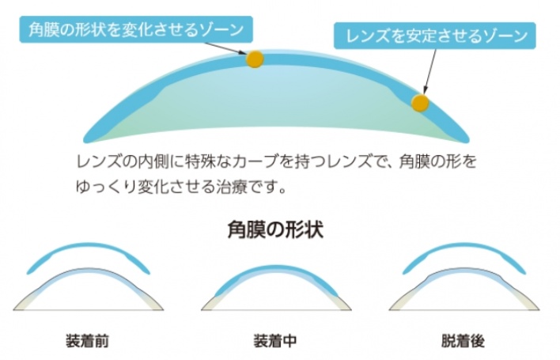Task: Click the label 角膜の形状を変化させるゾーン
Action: (x=136, y=29)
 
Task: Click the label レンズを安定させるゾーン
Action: (x=435, y=36)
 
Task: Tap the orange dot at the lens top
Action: (x=255, y=59)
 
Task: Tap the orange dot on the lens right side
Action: (x=420, y=103)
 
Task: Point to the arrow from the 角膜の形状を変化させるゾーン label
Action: (x=225, y=48)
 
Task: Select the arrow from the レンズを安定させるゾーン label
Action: (x=430, y=71)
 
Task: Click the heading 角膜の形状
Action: (x=275, y=229)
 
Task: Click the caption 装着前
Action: (x=87, y=341)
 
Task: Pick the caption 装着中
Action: (x=275, y=341)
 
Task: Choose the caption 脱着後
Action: (x=463, y=341)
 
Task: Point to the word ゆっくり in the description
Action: (x=106, y=187)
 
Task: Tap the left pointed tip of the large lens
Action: (x=85, y=140)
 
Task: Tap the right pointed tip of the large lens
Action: (x=467, y=140)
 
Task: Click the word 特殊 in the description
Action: (x=200, y=161)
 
